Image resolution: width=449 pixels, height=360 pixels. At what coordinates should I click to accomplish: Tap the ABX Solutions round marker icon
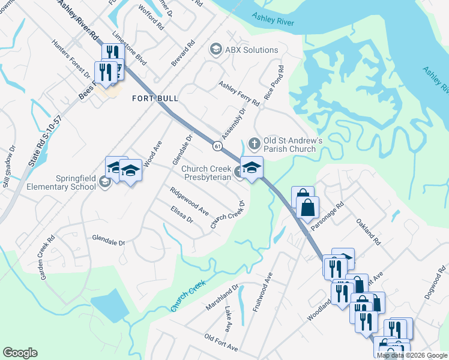point(215,50)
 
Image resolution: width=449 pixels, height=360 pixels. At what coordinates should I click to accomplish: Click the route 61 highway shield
point(217,145)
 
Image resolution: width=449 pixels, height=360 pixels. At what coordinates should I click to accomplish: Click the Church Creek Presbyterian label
point(206,173)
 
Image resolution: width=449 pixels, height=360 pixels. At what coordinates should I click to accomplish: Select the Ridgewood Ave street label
point(188,202)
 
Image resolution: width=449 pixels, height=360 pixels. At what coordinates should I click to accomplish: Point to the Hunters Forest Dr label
point(70,59)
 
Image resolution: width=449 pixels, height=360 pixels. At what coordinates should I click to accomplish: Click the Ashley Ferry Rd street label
point(239,94)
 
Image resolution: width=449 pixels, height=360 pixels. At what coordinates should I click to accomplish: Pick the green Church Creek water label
point(188,295)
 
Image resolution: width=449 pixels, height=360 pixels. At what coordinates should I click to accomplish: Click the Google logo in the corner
point(20,353)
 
